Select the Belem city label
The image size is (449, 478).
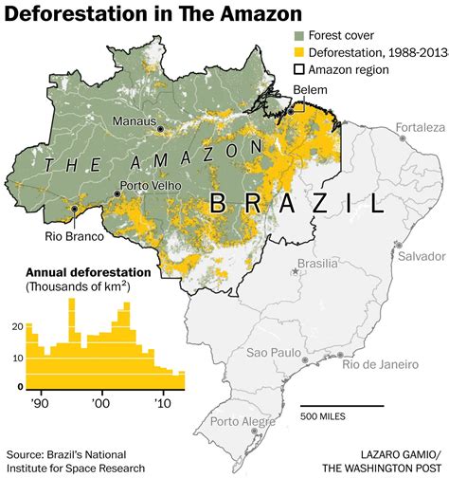pos(309,89)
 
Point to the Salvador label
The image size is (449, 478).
pos(421,256)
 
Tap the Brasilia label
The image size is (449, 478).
pos(316,264)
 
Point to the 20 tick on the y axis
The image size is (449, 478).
pos(16,326)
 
